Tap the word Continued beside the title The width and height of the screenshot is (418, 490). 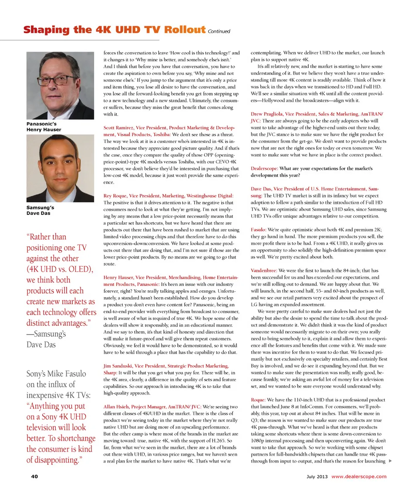[x=219, y=31]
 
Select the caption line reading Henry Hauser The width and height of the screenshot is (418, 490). [x=44, y=129]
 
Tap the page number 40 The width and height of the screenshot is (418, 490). [x=34, y=476]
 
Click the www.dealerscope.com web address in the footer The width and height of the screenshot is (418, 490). [x=359, y=476]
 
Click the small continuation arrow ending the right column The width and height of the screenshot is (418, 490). [x=390, y=461]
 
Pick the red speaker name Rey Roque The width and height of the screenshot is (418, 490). [x=115, y=196]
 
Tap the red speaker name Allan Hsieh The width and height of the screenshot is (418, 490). [x=117, y=406]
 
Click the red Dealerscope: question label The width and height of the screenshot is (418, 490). [x=264, y=168]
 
